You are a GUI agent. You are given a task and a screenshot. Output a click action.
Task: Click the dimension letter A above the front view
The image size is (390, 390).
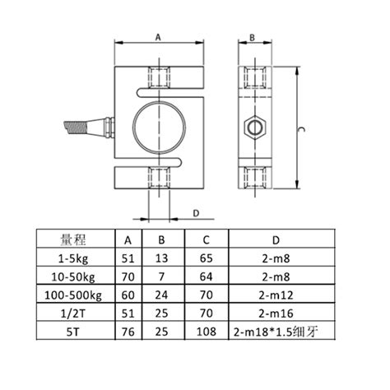click(158, 37)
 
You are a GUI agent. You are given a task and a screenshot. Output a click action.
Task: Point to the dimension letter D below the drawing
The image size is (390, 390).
click(196, 213)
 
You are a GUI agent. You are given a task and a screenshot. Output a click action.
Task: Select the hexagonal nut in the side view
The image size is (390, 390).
click(255, 128)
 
